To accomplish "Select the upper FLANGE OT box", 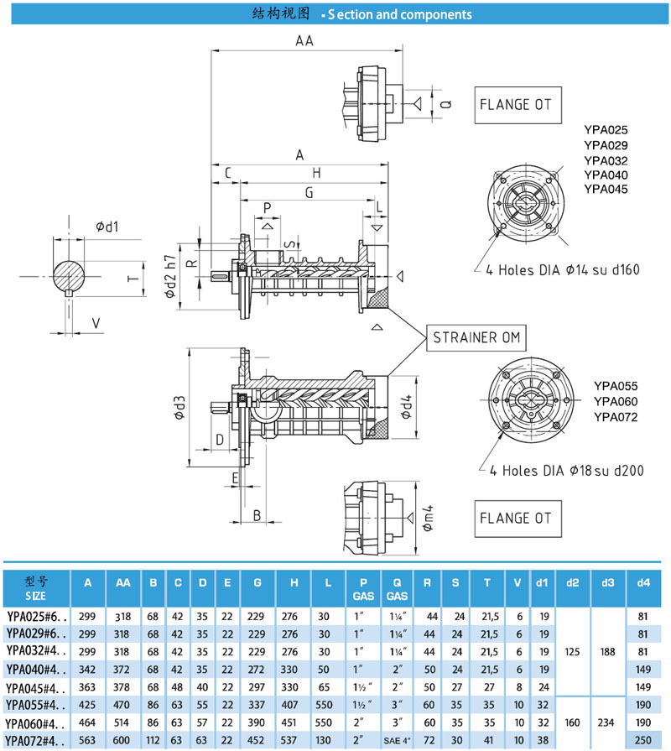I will coord(517,105).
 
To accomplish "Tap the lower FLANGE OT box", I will coord(517,518).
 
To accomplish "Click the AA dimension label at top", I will coord(304,41).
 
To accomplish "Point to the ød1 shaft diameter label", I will coord(107,227).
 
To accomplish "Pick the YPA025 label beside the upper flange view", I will coord(606,130).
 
